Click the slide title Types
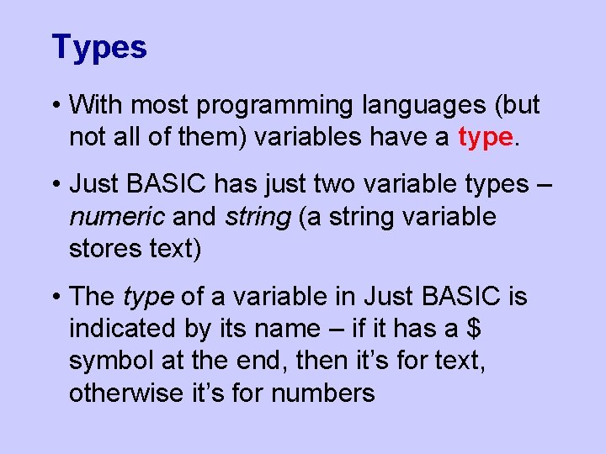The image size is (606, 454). pyautogui.click(x=98, y=47)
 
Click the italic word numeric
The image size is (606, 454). pyautogui.click(x=117, y=217)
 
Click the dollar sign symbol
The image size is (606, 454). pyautogui.click(x=473, y=329)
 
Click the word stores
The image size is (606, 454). pyautogui.click(x=106, y=250)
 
